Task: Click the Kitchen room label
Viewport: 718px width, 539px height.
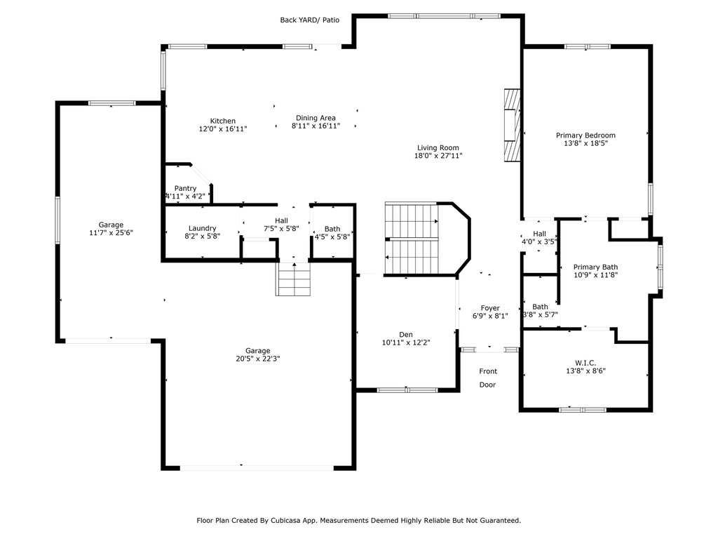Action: (223, 121)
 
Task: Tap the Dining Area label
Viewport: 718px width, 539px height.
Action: (316, 118)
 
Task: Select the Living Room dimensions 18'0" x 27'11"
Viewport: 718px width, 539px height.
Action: (438, 155)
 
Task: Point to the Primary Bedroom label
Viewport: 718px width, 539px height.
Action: (585, 135)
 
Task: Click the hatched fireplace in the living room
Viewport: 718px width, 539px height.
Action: (513, 125)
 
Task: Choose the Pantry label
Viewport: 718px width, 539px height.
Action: (185, 188)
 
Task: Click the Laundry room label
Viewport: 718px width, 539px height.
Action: (203, 228)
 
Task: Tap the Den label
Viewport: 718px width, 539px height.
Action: (406, 335)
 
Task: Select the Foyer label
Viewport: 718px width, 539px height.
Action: (490, 308)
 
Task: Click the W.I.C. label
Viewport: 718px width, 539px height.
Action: (585, 363)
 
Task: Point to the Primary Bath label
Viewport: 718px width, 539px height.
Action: (596, 267)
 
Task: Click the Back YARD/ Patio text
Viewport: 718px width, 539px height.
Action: (310, 20)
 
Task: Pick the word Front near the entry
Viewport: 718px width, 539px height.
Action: (488, 371)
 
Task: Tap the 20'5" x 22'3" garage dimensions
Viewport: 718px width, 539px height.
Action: (258, 359)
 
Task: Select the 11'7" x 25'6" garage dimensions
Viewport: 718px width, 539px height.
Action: (111, 232)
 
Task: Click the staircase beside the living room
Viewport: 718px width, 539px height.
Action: (412, 239)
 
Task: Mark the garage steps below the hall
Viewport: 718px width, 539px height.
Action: (293, 279)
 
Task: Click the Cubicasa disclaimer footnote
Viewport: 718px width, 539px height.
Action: (359, 520)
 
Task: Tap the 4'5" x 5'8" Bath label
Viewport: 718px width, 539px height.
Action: (332, 233)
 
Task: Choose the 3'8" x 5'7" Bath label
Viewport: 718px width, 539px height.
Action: (541, 311)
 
